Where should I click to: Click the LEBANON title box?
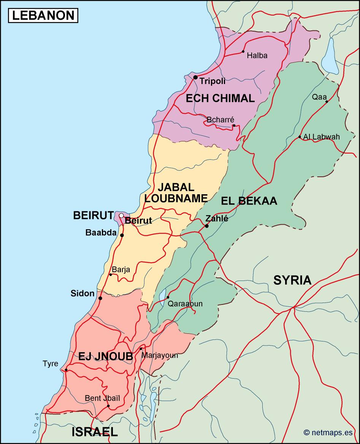(43, 15)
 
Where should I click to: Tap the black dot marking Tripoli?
(195, 77)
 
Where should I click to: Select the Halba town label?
(257, 55)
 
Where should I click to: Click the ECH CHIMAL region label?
(220, 98)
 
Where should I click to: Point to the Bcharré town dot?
(234, 125)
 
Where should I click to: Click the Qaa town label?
(319, 97)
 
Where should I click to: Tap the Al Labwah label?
(322, 137)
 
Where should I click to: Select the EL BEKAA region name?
(249, 201)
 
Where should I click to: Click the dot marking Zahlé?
(207, 226)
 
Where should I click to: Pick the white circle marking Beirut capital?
(121, 216)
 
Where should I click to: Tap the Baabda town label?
(101, 232)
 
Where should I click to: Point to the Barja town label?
(121, 270)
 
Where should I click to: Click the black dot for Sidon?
(100, 298)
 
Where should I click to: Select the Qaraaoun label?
(185, 304)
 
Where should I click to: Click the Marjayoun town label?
(160, 355)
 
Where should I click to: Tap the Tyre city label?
(51, 364)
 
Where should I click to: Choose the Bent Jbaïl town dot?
(108, 406)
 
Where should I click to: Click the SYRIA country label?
(292, 280)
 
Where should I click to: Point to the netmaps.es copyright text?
(328, 432)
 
